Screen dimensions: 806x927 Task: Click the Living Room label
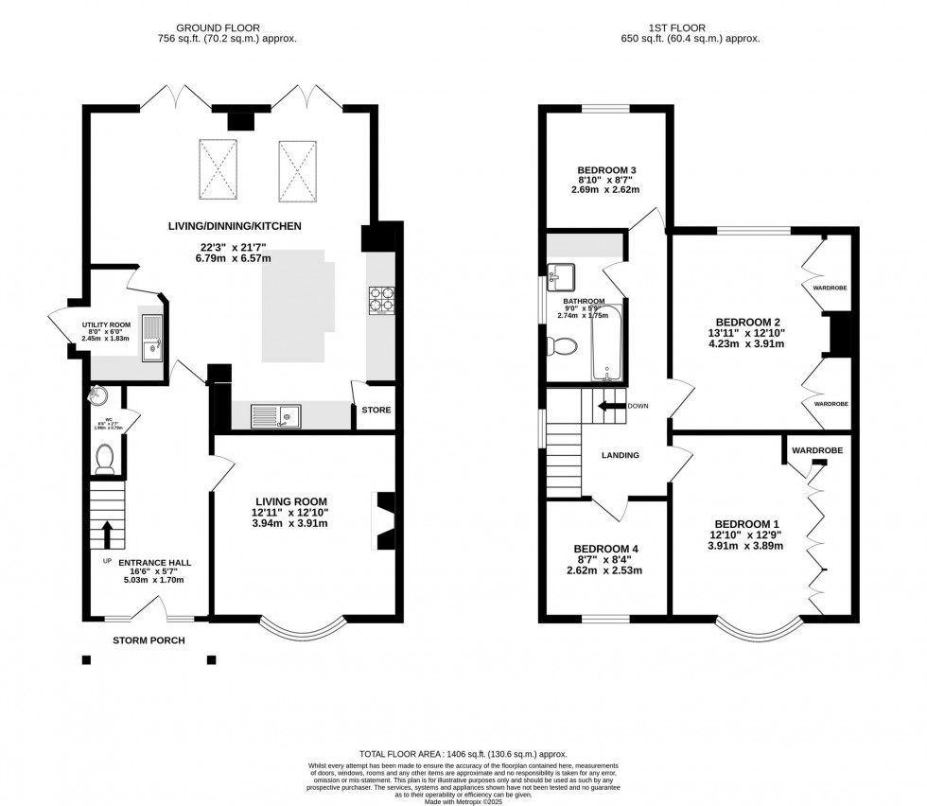point(290,501)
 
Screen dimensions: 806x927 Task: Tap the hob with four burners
point(380,301)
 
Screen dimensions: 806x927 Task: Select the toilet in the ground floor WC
point(104,459)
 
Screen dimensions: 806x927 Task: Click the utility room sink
point(151,340)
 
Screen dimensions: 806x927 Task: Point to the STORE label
point(376,410)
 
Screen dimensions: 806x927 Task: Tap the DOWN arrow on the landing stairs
point(611,406)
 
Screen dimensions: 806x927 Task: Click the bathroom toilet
point(562,347)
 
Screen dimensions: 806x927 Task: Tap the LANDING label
point(621,455)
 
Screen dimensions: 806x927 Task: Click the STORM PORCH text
point(149,640)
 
